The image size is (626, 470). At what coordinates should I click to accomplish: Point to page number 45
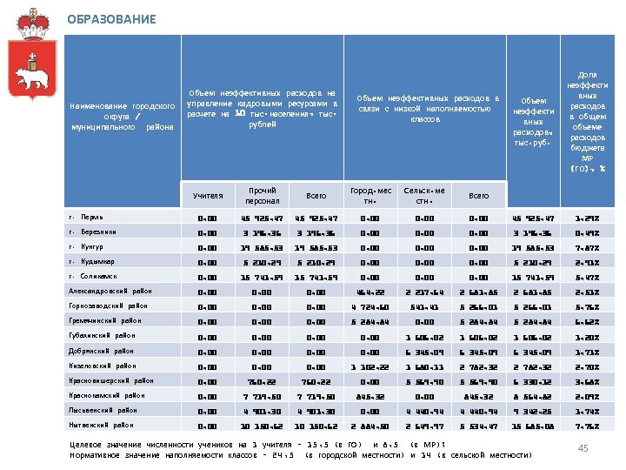[x=583, y=447]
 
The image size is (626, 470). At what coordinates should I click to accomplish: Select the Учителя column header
[x=209, y=196]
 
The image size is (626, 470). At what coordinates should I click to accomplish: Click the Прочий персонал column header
[x=263, y=195]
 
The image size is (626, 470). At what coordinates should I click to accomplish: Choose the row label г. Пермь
[x=86, y=217]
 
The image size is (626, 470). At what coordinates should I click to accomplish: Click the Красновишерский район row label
[x=110, y=380]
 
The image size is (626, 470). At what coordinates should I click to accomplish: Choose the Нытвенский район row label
[x=103, y=425]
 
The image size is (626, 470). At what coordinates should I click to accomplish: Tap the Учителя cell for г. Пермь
[x=208, y=218]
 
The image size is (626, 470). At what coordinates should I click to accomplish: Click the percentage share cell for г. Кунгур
[x=588, y=247]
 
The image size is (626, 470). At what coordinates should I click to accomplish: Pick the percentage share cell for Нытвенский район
[x=588, y=426]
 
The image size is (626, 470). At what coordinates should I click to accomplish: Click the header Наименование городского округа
[x=122, y=117]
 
